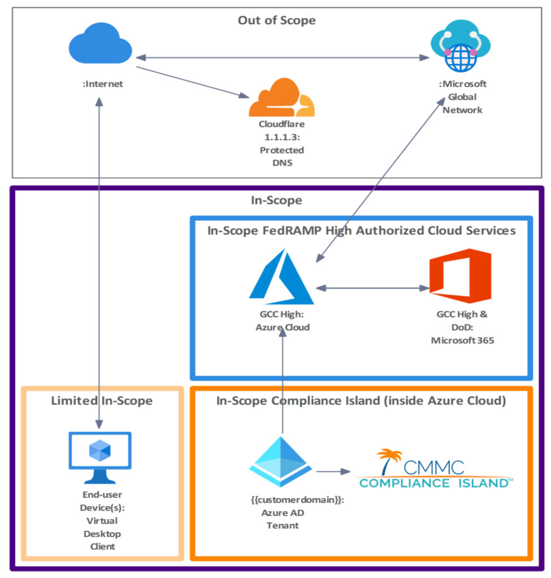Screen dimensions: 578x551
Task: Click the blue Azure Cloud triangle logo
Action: [x=281, y=278]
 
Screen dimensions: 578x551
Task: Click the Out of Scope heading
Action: [x=276, y=21]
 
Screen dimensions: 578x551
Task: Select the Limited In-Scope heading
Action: [x=102, y=401]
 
